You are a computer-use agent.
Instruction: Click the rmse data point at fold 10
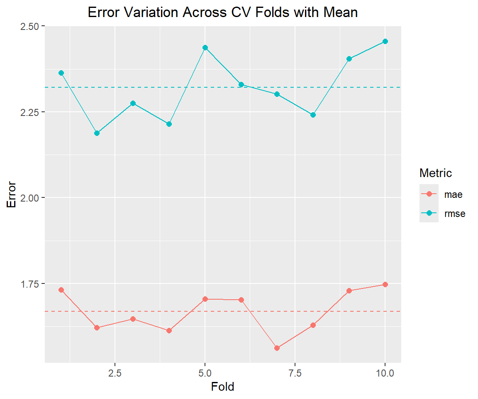tap(385, 41)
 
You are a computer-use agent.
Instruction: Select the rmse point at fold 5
tap(205, 47)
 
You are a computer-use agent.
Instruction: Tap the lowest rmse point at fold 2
tap(97, 133)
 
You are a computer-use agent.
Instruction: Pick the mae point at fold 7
tap(277, 348)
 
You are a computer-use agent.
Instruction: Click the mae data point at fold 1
tap(61, 290)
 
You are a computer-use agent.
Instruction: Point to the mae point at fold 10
tap(385, 284)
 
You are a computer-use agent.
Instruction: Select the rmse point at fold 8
tap(313, 115)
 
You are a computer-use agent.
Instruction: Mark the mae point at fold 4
tap(169, 330)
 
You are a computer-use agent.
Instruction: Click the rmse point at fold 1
tap(61, 73)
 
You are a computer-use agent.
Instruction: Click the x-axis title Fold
tap(222, 387)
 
